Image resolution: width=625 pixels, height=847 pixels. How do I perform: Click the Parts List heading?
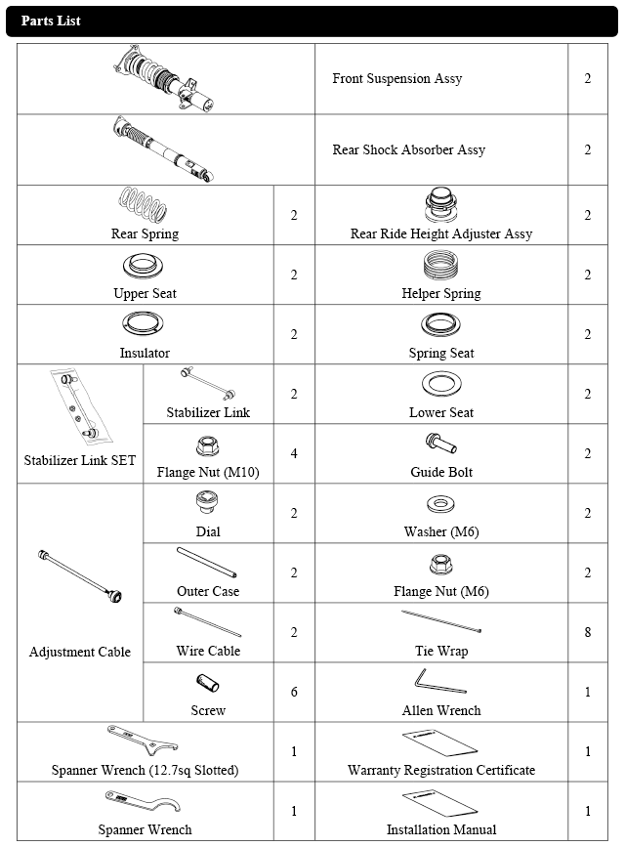pos(51,21)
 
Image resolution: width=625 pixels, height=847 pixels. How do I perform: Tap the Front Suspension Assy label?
pos(396,78)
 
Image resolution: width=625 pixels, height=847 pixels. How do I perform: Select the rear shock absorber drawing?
pos(163,149)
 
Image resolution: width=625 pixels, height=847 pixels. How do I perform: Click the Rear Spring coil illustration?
pos(145,204)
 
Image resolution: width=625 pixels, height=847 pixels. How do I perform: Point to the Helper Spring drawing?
pos(441,266)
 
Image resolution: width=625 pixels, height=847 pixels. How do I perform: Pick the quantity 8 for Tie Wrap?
pos(587,632)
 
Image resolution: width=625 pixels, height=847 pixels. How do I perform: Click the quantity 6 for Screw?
pos(294,692)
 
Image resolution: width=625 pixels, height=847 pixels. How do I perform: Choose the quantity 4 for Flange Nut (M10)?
pos(294,453)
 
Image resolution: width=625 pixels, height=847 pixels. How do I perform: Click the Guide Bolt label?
pos(441,472)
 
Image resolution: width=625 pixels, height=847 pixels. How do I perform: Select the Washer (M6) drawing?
pos(440,505)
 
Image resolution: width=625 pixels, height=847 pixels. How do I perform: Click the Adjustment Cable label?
pos(80,652)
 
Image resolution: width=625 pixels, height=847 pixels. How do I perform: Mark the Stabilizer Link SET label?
pos(80,460)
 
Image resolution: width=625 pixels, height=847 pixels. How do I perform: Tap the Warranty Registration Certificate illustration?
pos(439,742)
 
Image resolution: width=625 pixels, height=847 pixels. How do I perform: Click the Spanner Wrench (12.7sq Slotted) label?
pos(145,770)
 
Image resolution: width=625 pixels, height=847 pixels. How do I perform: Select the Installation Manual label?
pos(441,829)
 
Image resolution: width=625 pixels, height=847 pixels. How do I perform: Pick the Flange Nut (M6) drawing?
pos(441,565)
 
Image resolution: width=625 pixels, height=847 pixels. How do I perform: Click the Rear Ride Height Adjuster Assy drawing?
pos(441,205)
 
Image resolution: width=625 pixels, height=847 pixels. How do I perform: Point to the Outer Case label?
pos(208,591)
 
